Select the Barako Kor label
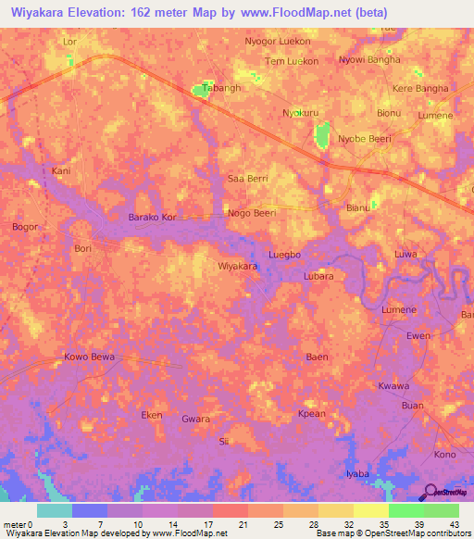click(152, 219)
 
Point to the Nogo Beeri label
click(252, 213)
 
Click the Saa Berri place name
click(247, 177)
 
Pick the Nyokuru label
click(300, 113)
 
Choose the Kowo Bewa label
click(89, 357)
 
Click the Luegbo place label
click(284, 254)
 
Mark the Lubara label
click(318, 276)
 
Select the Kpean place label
click(311, 415)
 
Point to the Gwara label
click(195, 419)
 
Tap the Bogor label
click(24, 226)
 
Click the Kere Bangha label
click(420, 89)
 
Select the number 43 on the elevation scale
click(453, 525)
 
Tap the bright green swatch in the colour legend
click(406, 510)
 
